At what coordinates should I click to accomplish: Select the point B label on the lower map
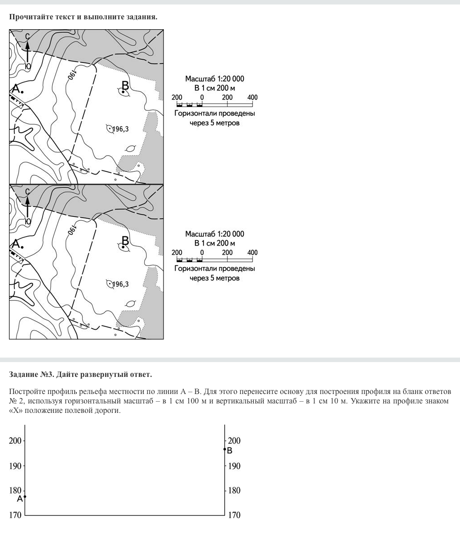125,241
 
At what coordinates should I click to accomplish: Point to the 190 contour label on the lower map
72,230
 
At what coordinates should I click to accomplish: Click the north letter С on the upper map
27,36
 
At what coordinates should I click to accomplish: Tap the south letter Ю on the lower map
28,221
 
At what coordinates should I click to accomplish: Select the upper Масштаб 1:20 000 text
215,79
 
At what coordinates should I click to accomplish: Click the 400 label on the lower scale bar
252,252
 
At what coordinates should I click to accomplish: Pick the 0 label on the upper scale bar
202,97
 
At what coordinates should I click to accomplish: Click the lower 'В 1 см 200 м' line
215,243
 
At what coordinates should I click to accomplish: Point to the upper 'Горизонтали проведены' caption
215,113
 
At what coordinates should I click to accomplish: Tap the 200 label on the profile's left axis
15,441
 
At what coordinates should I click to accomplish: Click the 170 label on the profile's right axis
234,515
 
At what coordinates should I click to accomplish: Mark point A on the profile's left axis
25,497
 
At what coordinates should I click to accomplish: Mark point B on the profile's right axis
225,449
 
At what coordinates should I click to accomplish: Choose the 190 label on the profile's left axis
15,466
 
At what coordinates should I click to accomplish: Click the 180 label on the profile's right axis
234,491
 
